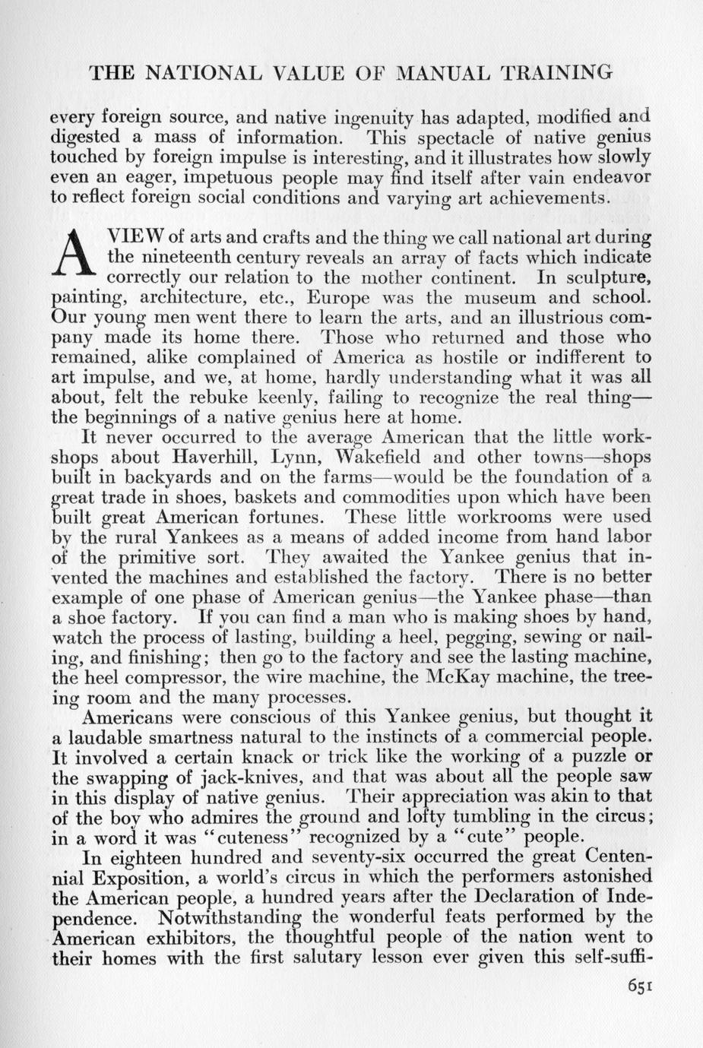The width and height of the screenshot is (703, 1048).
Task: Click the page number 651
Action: point(640,986)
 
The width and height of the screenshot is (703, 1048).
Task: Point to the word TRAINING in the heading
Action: point(557,73)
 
